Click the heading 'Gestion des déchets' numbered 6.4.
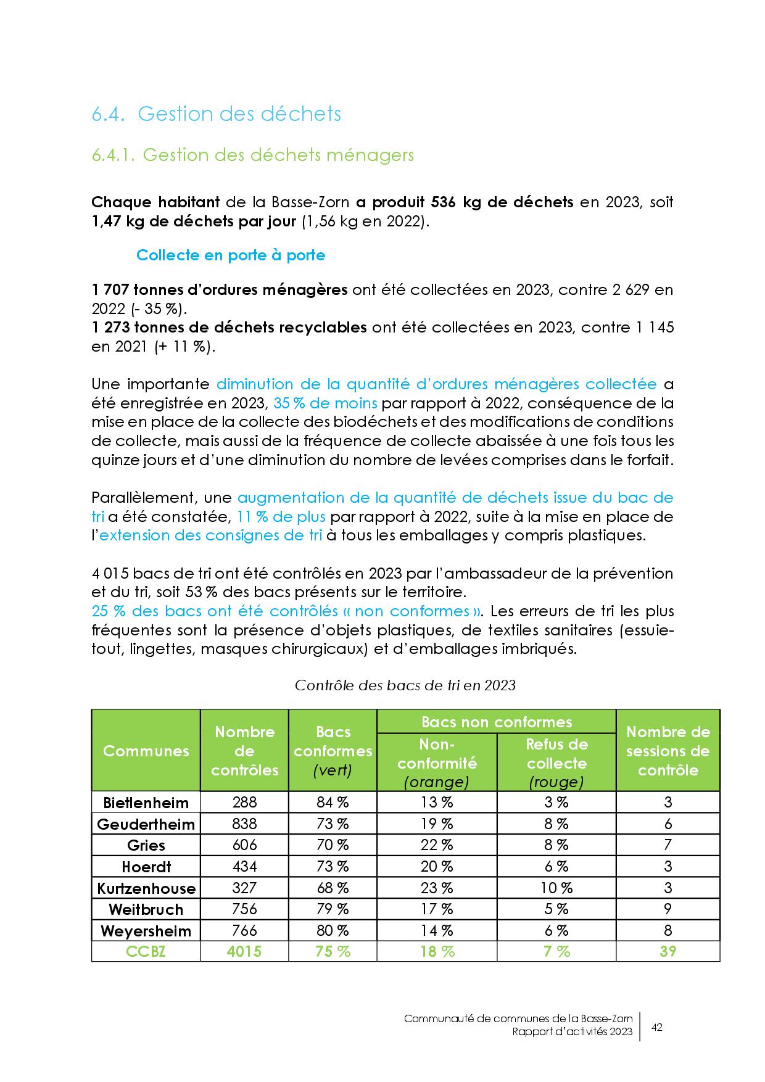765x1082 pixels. pos(239,114)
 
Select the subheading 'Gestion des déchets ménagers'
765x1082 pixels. pos(278,155)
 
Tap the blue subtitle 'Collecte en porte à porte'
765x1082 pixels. pos(231,255)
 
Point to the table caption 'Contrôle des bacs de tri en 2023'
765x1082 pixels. pos(405,685)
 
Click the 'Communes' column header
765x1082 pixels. pos(146,751)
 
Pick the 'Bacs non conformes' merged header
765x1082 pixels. pos(496,722)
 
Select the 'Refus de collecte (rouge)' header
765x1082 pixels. pos(556,763)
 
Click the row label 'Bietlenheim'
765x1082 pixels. pos(146,803)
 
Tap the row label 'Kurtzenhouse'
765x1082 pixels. pos(146,888)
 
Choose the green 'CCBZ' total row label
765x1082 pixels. pos(146,951)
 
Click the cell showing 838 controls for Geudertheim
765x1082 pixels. pos(244,824)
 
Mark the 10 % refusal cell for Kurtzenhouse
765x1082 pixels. pos(556,888)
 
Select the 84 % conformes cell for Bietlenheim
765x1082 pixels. pos(333,803)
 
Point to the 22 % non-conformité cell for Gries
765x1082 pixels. pos(437,845)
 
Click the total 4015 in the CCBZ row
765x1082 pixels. pos(244,951)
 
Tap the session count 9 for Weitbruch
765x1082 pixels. pos(668,909)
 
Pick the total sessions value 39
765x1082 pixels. pos(668,951)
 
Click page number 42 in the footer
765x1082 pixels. pos(657,1027)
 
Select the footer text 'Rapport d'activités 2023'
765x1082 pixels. pos(573,1032)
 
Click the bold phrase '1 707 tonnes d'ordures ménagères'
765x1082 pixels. pos(219,289)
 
